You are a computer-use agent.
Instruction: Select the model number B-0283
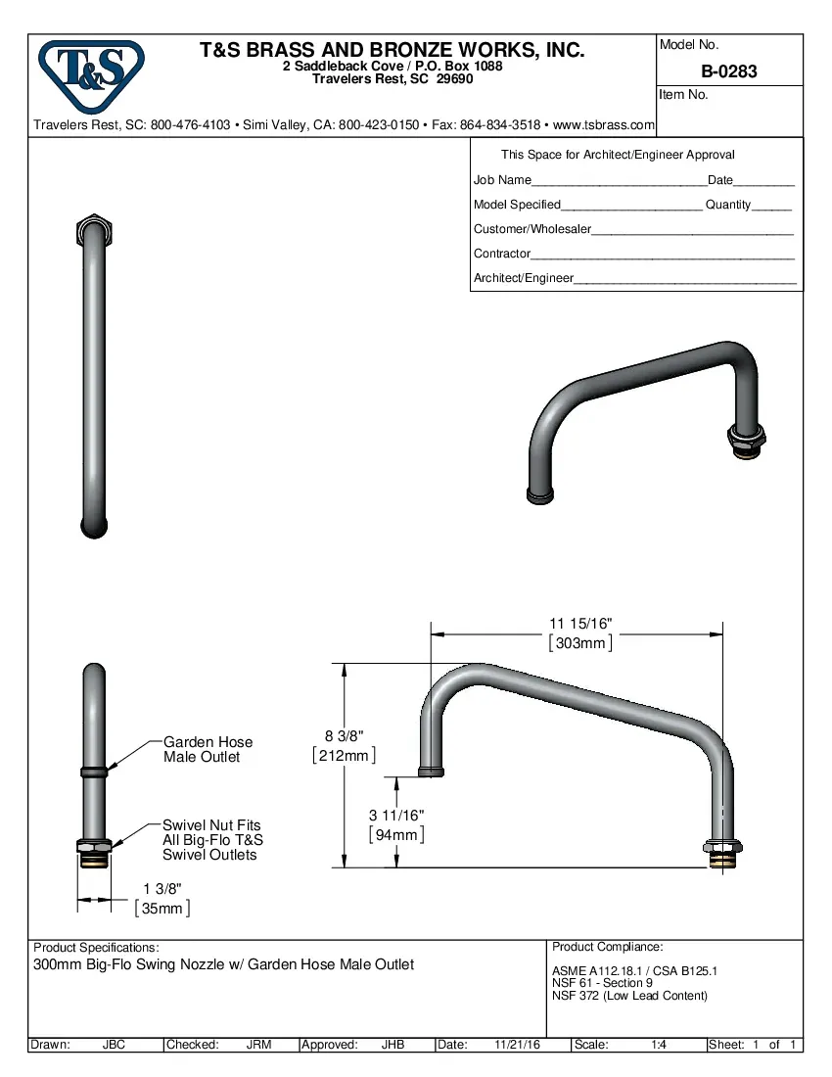tap(728, 71)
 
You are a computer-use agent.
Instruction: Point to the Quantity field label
tap(728, 205)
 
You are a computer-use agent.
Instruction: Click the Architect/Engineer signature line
tap(684, 282)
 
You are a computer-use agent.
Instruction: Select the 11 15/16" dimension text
tap(580, 625)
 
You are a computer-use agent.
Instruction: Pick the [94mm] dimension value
tap(396, 835)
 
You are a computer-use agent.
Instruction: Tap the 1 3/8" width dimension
tap(162, 888)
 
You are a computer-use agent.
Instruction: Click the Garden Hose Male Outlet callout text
tap(208, 750)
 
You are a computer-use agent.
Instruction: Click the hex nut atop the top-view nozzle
tap(94, 229)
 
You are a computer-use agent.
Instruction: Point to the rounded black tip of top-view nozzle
tap(94, 528)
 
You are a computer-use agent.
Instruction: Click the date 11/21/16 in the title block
tap(518, 1045)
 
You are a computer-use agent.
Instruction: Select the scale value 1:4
tap(659, 1045)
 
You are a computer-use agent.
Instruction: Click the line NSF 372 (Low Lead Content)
tap(629, 996)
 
